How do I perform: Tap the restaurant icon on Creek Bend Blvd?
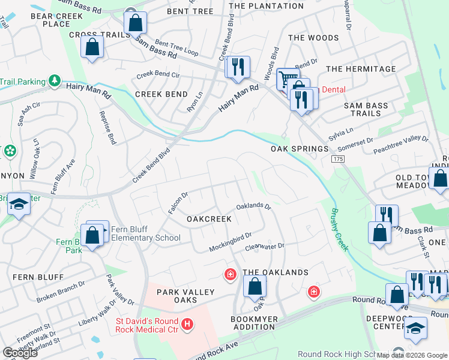coord(237,67)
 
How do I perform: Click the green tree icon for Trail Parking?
coord(55,80)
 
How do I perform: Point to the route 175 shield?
coord(337,157)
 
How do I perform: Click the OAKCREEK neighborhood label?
coord(209,219)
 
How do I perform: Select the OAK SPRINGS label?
coord(300,149)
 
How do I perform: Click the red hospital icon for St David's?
coord(187,325)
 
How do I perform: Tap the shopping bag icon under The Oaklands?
coord(255,287)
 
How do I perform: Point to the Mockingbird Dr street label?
coord(230,242)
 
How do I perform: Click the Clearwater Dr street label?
coord(264,246)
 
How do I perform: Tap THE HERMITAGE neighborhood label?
coord(361,69)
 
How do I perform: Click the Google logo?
coord(20,353)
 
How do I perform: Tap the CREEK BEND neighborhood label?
coord(161,94)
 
